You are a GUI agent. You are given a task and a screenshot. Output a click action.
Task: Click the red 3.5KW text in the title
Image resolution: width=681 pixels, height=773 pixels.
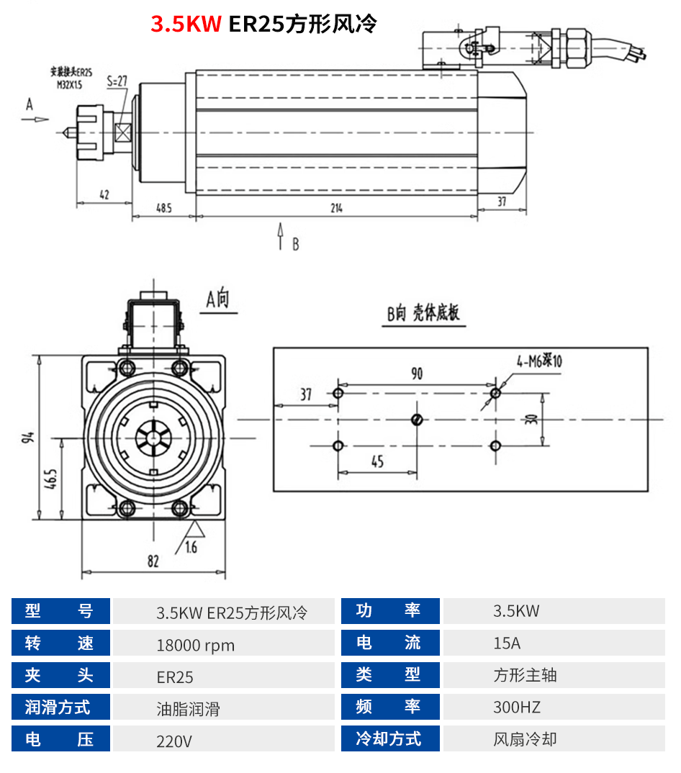[185, 24]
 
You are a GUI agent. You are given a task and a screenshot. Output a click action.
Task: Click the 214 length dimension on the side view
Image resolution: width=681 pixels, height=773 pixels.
[335, 209]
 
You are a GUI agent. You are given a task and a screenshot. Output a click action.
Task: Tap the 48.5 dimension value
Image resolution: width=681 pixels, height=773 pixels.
[163, 209]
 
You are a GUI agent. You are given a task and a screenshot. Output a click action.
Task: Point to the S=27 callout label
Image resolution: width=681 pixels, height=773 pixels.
[117, 81]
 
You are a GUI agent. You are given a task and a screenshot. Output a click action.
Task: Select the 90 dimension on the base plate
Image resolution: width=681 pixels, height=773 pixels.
[417, 374]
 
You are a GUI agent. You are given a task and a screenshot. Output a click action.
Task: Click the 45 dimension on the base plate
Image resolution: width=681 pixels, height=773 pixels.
[378, 462]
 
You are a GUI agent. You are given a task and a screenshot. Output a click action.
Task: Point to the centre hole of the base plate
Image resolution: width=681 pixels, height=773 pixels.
[416, 420]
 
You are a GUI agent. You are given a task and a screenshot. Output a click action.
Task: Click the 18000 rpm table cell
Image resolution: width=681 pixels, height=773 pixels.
[196, 645]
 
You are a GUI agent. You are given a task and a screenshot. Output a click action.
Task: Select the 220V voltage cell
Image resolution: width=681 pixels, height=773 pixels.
[174, 741]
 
